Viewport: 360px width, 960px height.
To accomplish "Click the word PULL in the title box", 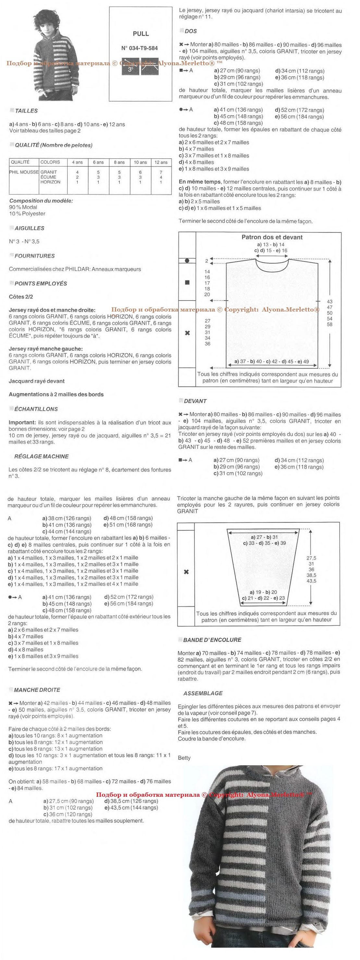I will [x=141, y=33].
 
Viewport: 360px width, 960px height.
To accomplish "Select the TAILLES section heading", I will [x=26, y=111].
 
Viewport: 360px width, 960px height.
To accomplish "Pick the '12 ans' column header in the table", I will [x=161, y=162].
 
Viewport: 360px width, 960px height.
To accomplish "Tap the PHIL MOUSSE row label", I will [x=24, y=172].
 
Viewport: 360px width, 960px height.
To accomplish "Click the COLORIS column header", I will [x=50, y=162].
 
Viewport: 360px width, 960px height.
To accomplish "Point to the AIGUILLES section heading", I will [x=30, y=228].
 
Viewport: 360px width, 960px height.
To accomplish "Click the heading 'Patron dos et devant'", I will [x=272, y=237].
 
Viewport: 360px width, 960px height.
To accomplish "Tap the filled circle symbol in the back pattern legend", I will [x=187, y=261].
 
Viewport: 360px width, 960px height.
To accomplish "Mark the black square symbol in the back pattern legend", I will [x=187, y=282].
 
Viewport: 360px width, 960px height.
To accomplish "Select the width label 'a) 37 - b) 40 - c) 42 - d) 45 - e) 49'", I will [x=271, y=361].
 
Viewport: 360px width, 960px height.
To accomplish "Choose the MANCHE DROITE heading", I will [x=37, y=690].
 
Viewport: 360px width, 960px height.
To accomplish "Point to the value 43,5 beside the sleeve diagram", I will [x=311, y=581].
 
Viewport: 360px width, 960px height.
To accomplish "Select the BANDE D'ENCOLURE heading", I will [x=212, y=640].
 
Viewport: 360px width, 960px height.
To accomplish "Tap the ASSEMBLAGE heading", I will [x=203, y=693].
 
